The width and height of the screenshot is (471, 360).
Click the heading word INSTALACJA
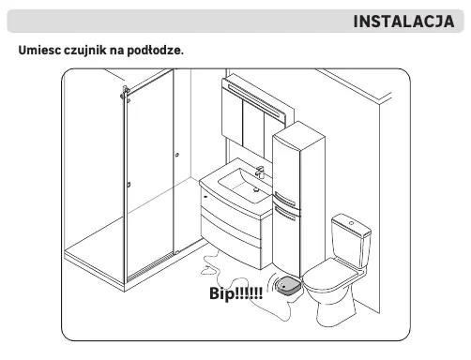point(403,22)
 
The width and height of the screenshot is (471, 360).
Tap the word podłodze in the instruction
point(155,50)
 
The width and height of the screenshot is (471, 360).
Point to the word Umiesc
point(39,50)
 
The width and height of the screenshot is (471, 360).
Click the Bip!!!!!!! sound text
point(235,293)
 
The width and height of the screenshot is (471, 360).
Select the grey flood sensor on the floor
point(288,285)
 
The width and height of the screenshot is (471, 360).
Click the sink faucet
point(260,172)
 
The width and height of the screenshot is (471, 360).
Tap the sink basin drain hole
point(256,189)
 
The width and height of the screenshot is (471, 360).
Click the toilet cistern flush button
point(352,223)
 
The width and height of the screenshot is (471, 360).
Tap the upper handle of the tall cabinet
point(284,200)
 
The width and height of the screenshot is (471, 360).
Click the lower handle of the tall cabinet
point(284,213)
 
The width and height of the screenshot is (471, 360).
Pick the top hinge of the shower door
point(126,93)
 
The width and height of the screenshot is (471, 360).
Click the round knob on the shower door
point(177,155)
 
